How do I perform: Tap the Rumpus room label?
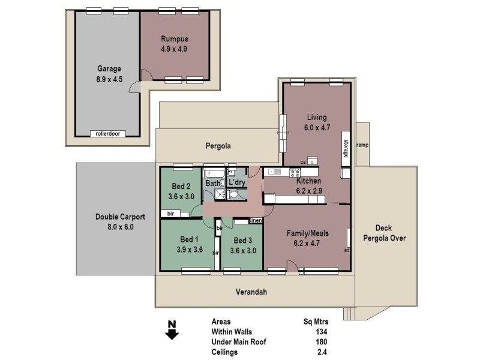174,44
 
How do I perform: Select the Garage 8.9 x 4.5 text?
109,73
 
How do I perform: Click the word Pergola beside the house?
217,145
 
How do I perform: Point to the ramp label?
362,145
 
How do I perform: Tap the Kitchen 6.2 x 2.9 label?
308,185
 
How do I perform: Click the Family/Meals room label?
307,238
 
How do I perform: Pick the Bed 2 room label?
181,191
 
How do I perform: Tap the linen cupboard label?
256,220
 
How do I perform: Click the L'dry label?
236,182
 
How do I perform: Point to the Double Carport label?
114,222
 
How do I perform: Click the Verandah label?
250,292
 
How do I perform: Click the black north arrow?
172,331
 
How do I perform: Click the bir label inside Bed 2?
171,213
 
